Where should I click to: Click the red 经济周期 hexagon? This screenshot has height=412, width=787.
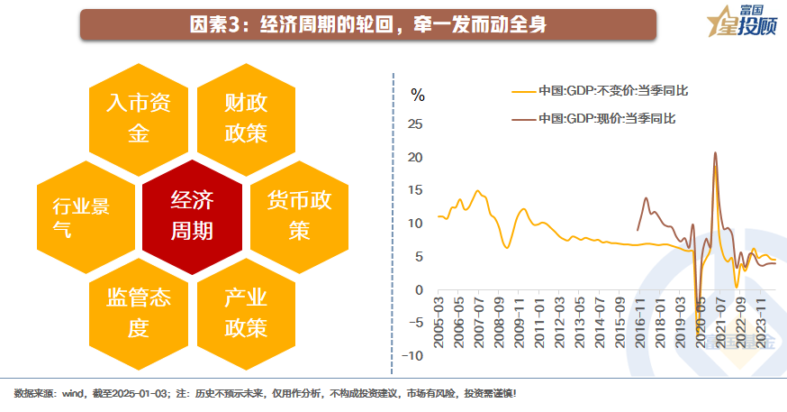coord(192,216)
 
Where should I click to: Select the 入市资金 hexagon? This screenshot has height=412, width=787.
coord(138,117)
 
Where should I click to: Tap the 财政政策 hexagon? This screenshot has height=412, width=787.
coord(246,117)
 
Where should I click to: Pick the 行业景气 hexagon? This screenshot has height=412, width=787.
coord(85,216)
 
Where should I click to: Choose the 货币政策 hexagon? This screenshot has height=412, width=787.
coord(299,216)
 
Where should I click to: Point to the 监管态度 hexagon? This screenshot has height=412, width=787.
coord(138,312)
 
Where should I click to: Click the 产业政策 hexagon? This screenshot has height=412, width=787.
coord(246,312)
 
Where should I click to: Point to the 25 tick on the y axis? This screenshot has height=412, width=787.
coord(415,124)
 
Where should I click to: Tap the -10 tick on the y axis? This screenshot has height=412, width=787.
coord(412,356)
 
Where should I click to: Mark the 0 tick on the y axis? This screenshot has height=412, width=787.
coord(419,290)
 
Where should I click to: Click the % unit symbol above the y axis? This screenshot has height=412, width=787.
coord(417,93)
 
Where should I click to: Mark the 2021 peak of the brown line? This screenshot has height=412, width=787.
coord(715,153)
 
